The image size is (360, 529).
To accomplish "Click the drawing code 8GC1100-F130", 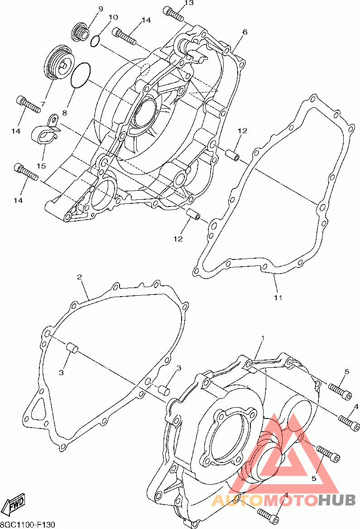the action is coord(27,525).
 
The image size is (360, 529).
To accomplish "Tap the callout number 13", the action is coord(189,3).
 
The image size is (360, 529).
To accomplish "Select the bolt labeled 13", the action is coord(173,13).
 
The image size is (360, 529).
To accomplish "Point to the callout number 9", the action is coord(101,9).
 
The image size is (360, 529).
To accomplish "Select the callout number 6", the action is coord(245,32).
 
